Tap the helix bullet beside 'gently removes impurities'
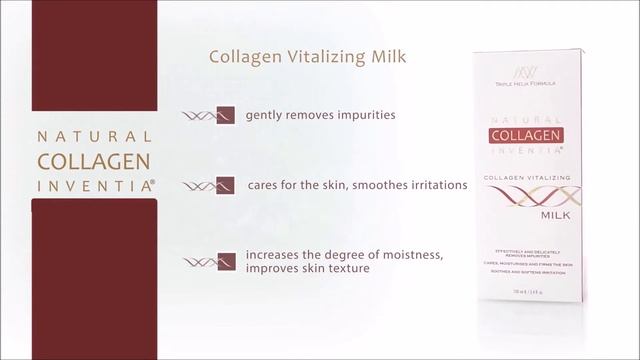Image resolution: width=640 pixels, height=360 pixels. click(210, 114)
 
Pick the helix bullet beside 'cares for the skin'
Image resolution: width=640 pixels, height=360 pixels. click(210, 185)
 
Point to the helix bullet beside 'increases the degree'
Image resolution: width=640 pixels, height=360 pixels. click(210, 262)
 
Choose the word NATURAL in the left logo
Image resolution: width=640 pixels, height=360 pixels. click(95, 137)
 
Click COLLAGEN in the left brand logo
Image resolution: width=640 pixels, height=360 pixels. click(95, 161)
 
